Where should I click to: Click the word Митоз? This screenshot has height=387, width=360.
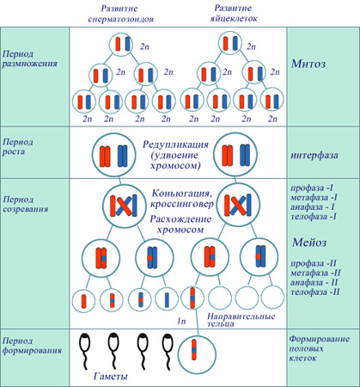[308, 64]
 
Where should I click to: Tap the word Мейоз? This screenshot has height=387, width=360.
[309, 243]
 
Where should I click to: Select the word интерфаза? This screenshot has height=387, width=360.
[314, 156]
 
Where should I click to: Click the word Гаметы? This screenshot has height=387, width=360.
[110, 376]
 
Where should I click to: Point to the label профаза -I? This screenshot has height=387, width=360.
[312, 188]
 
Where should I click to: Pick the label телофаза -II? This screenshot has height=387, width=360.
[315, 292]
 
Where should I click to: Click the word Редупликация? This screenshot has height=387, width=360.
[175, 144]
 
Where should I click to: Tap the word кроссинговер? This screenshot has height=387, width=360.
[182, 204]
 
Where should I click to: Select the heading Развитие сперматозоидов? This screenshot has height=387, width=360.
[120, 14]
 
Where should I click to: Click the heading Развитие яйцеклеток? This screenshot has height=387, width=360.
[233, 13]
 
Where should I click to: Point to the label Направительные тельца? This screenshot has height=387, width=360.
[241, 320]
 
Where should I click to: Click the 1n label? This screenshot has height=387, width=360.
[181, 322]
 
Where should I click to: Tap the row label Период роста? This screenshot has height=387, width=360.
[18, 147]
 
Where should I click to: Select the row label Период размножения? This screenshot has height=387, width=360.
[30, 58]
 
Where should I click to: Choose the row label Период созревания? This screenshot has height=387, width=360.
[26, 204]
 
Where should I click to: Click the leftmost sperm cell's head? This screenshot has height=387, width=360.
[85, 343]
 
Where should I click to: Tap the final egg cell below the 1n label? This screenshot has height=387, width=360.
[197, 354]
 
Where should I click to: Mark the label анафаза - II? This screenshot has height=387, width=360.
[314, 282]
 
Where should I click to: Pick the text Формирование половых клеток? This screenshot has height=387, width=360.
[320, 348]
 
